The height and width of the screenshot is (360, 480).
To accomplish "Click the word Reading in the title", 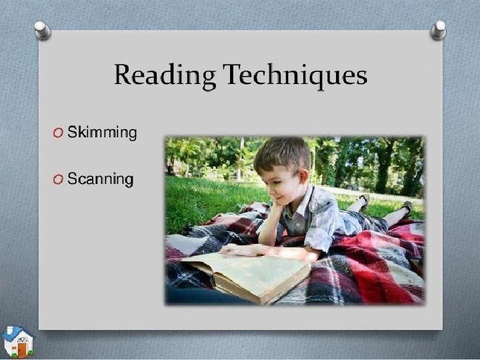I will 165,75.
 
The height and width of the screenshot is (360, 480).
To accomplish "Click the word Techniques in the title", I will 295,75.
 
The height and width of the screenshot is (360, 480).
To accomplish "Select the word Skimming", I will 102,132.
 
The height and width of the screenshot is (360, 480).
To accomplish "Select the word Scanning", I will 100,179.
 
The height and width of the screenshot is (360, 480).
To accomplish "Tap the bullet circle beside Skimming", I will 59,133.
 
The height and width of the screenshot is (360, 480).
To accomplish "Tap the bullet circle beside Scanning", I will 59,179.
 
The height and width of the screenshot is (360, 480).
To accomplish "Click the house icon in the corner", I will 17,342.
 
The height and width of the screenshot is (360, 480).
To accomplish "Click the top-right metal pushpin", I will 439,29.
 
